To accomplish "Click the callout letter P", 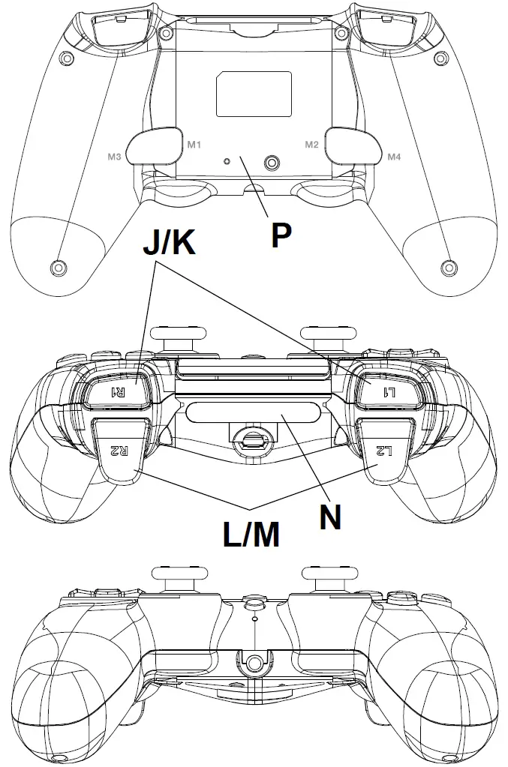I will coord(281,235).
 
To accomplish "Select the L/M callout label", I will coord(251,535).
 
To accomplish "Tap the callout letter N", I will coord(330,517).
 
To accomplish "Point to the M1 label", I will coord(194,143).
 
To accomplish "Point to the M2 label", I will coord(312,143).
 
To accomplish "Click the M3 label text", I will coord(115,157).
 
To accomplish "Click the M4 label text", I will coord(394,157).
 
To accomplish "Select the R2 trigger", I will coord(120,450).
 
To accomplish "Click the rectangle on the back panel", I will coord(254,94).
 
